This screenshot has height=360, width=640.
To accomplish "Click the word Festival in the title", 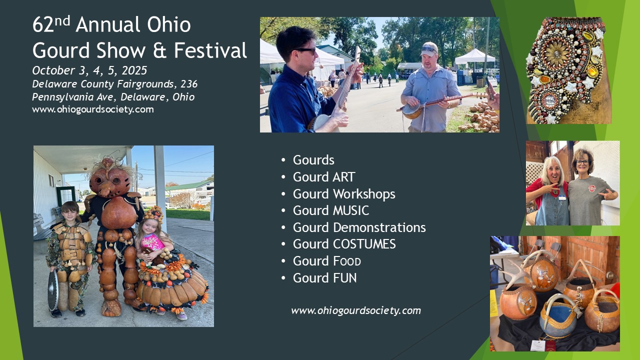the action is tap(210, 50).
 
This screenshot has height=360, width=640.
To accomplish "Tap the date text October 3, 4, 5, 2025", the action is tap(89, 70).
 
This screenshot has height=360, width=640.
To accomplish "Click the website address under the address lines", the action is tap(93, 109).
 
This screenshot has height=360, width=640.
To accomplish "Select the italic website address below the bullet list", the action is tap(356, 310).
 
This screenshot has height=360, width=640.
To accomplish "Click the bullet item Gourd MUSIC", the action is tap(331, 210).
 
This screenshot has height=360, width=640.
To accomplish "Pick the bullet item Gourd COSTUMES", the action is tap(344, 244).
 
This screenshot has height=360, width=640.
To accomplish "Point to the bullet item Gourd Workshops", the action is tap(344, 194).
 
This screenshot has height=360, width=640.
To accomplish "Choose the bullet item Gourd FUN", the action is tap(324, 278).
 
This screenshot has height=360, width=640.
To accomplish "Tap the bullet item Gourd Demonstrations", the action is tap(359, 227).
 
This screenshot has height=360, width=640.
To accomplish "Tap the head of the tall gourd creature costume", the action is tap(109, 178).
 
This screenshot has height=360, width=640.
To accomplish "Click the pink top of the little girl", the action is tap(152, 241).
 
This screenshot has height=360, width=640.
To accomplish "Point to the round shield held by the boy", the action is tap(53, 290).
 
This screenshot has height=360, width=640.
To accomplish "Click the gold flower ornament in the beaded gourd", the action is tap(556, 53).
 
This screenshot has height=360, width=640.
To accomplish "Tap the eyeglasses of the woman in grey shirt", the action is tap(582, 162).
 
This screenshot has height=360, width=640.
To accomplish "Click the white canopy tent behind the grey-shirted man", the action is tap(474, 56).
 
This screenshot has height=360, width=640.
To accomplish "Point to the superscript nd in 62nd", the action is tap(62, 21).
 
